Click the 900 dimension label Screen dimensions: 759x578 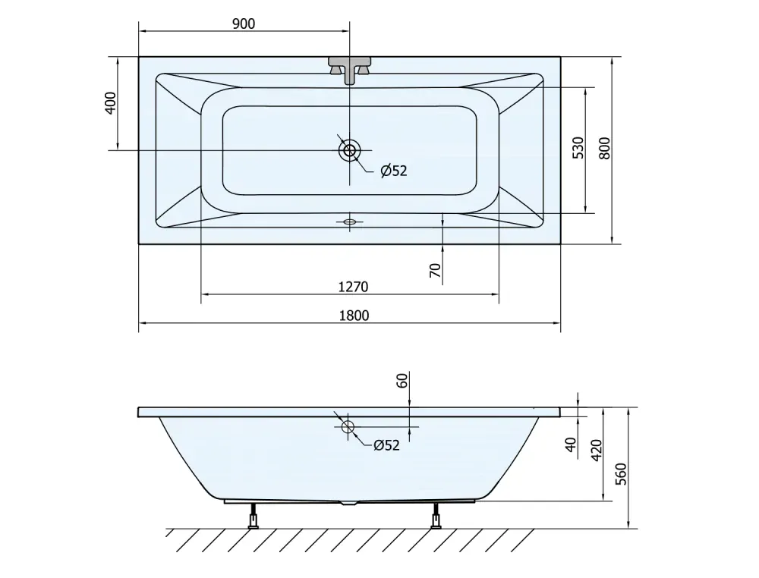click(244, 24)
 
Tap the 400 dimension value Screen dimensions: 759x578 click(111, 103)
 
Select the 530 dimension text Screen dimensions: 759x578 click(578, 148)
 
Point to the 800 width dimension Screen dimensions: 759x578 click(605, 149)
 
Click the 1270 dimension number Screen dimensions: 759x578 click(354, 287)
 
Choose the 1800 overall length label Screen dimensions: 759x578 click(354, 316)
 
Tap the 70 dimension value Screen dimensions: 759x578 click(436, 270)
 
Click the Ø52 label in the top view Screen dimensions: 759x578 click(393, 170)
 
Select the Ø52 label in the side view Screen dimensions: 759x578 click(386, 445)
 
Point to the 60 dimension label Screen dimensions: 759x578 click(402, 381)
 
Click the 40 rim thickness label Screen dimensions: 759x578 click(572, 444)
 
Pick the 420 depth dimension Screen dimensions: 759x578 click(597, 451)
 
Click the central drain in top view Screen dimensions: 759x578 click(349, 150)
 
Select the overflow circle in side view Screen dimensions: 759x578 click(348, 426)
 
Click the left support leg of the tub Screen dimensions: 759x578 click(253, 516)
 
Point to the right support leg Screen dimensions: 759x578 click(436, 516)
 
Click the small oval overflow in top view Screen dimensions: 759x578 click(349, 222)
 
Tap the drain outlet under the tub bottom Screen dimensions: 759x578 click(349, 504)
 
